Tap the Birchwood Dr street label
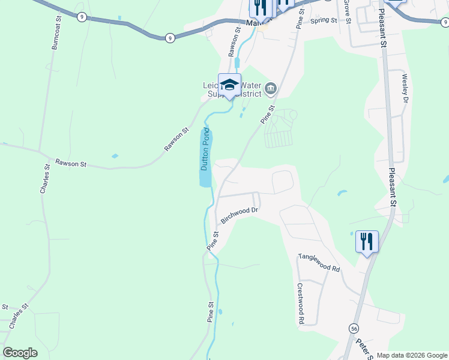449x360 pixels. coord(238,215)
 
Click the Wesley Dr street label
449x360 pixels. coord(405,88)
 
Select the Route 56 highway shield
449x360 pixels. coord(354,328)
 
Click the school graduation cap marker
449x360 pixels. coord(229,85)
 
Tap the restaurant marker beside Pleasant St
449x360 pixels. coord(367,241)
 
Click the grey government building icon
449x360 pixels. coord(271,89)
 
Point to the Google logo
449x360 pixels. coord(20,353)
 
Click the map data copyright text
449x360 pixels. coord(412,355)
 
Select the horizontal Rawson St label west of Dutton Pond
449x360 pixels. coord(71,163)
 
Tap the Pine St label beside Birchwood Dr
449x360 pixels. coord(212,241)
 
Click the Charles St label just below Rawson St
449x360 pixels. coord(44,179)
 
